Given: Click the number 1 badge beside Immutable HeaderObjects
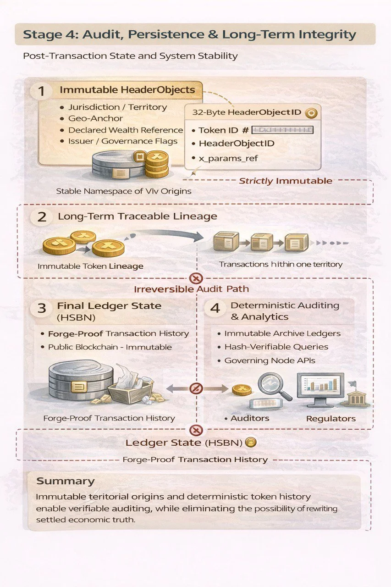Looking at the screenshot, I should (x=42, y=91).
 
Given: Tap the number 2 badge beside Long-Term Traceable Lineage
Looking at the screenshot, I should (x=42, y=216).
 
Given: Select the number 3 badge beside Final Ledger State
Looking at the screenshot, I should (x=42, y=308).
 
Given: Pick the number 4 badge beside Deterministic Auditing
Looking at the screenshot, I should (x=215, y=308).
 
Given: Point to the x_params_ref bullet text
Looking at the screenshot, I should (x=228, y=158).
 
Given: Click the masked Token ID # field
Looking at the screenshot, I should (x=282, y=130).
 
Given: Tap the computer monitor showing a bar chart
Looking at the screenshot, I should (x=320, y=388).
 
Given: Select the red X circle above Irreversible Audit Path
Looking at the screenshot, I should (x=196, y=278).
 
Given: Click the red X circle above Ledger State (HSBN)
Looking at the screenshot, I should (x=196, y=430).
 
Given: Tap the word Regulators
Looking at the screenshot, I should (x=330, y=418).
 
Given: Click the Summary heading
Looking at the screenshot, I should (x=65, y=481).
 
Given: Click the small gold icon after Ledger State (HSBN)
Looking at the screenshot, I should (x=250, y=443).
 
